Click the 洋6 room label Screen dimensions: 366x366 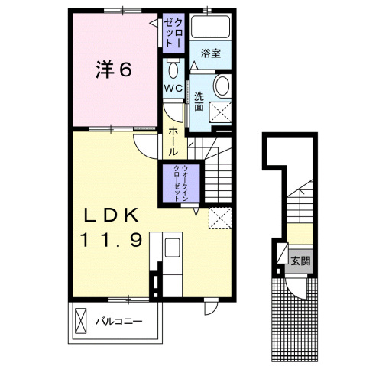pos(114,70)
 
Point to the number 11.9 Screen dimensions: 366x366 pos(115,241)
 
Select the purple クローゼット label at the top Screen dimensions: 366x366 pos(173,34)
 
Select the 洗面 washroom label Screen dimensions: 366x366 pos(199,101)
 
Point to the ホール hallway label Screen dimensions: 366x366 pos(173,143)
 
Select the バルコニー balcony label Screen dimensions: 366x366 pos(118,320)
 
